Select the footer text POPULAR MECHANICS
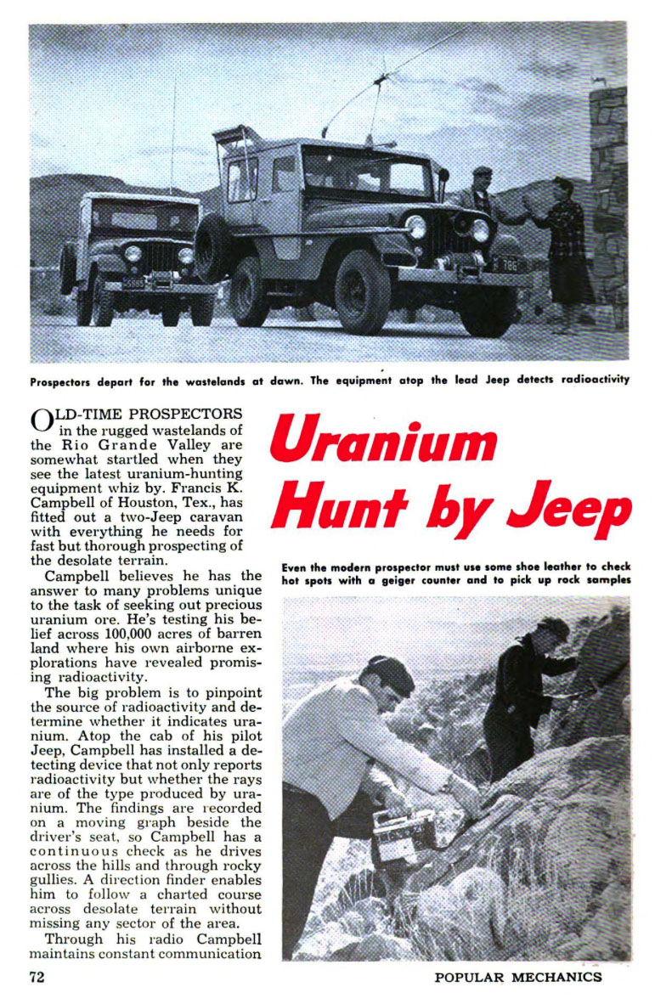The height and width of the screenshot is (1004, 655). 517,978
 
